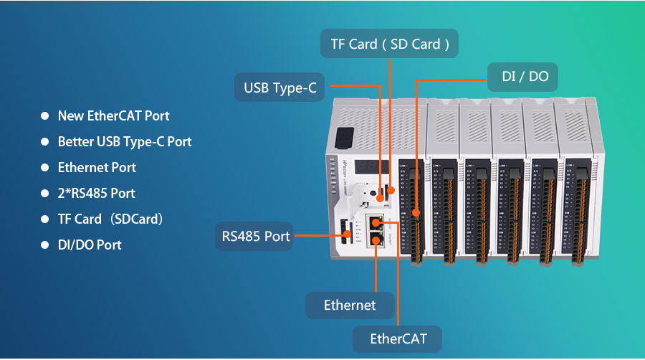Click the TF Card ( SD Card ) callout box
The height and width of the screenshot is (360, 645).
[390, 44]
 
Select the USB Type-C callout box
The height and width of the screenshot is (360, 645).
[279, 88]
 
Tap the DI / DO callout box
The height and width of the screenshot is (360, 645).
[523, 76]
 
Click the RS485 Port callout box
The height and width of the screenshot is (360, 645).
[254, 236]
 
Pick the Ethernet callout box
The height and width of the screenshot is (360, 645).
[350, 305]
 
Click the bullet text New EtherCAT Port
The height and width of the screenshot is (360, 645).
[113, 115]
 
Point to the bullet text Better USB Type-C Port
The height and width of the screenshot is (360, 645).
[125, 141]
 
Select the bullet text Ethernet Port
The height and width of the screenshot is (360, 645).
[97, 167]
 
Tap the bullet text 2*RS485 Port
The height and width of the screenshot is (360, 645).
[96, 193]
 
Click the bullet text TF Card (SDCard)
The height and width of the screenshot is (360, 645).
[110, 219]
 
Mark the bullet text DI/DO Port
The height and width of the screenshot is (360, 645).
[90, 245]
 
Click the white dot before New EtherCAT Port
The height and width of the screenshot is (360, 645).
[44, 115]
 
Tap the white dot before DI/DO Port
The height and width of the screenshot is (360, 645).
[44, 245]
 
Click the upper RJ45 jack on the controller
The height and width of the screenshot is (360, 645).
[376, 222]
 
